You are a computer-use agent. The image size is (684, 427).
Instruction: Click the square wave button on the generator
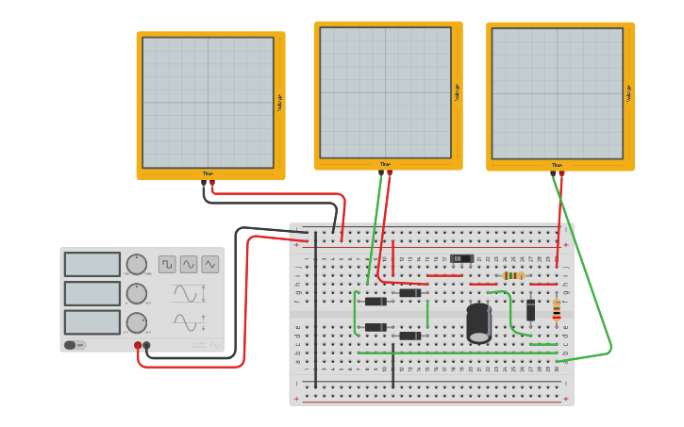click(167, 265)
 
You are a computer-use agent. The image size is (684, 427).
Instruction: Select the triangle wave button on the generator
click(210, 265)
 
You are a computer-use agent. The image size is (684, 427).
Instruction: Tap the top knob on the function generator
click(137, 264)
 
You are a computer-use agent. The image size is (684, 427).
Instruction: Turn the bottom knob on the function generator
click(137, 322)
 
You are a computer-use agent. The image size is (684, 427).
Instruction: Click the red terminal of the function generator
click(138, 346)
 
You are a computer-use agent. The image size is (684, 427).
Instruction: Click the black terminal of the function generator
click(146, 346)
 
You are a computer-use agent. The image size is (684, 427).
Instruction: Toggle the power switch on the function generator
click(71, 345)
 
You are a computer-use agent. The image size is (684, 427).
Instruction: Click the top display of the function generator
click(92, 264)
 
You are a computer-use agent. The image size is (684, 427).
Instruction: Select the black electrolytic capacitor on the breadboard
click(479, 322)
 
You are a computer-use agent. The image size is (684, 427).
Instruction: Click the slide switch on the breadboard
click(461, 258)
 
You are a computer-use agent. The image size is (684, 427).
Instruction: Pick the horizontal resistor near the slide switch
click(513, 275)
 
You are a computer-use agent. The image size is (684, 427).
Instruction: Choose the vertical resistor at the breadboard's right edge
click(557, 308)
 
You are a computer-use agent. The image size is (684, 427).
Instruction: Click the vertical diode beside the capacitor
click(531, 309)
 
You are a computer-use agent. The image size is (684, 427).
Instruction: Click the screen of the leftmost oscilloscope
click(208, 103)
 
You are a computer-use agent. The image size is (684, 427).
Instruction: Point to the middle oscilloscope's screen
click(385, 92)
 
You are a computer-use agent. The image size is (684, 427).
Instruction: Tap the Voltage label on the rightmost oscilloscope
click(629, 92)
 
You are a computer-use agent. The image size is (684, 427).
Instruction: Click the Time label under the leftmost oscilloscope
click(208, 173)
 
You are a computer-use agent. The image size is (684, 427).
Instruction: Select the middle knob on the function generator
click(137, 293)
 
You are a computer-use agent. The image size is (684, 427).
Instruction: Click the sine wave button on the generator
click(189, 265)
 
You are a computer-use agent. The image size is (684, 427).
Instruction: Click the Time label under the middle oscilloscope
click(385, 164)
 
